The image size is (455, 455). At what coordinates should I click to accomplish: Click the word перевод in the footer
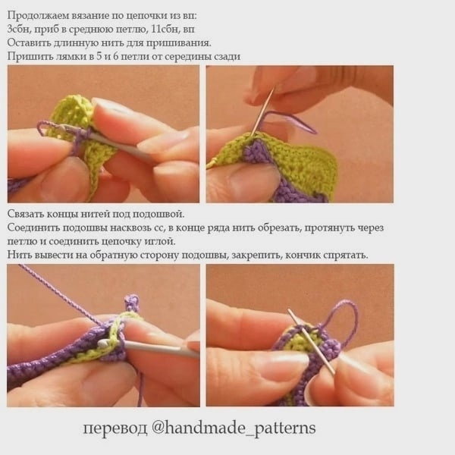tap(115, 428)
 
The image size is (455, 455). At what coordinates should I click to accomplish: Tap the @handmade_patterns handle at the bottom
tap(234, 428)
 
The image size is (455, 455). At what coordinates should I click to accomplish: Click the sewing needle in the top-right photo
tap(262, 114)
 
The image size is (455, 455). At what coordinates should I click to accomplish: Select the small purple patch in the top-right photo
tap(256, 151)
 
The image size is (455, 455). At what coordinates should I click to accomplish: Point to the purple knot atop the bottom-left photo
tap(132, 302)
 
